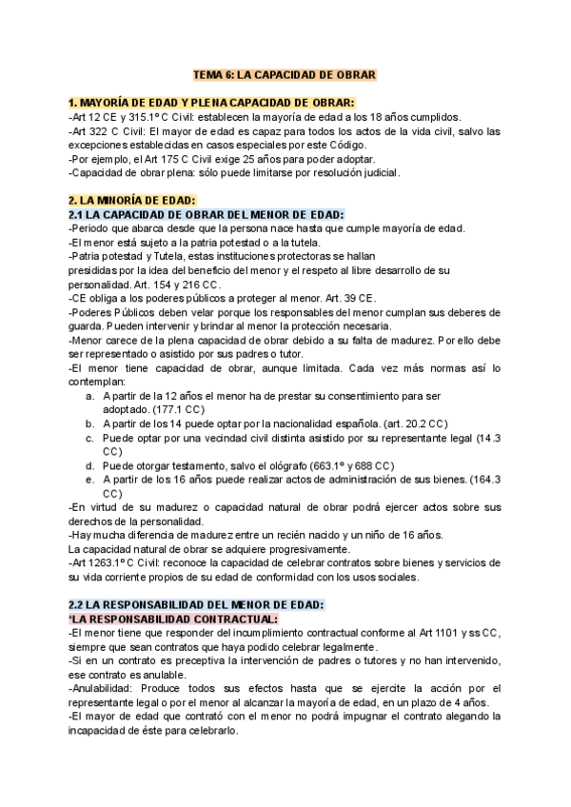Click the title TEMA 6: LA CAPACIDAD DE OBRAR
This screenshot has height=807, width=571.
point(285,74)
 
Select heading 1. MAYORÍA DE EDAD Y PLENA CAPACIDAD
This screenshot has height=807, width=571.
point(212,102)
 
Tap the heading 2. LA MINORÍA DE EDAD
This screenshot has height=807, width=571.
point(131,200)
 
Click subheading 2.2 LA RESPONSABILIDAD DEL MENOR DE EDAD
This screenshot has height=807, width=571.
point(197,603)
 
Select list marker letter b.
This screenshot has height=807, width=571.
point(89,423)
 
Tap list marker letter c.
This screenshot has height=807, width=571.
point(89,437)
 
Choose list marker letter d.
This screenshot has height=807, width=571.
point(89,465)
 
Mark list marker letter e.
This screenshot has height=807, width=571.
point(89,480)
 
